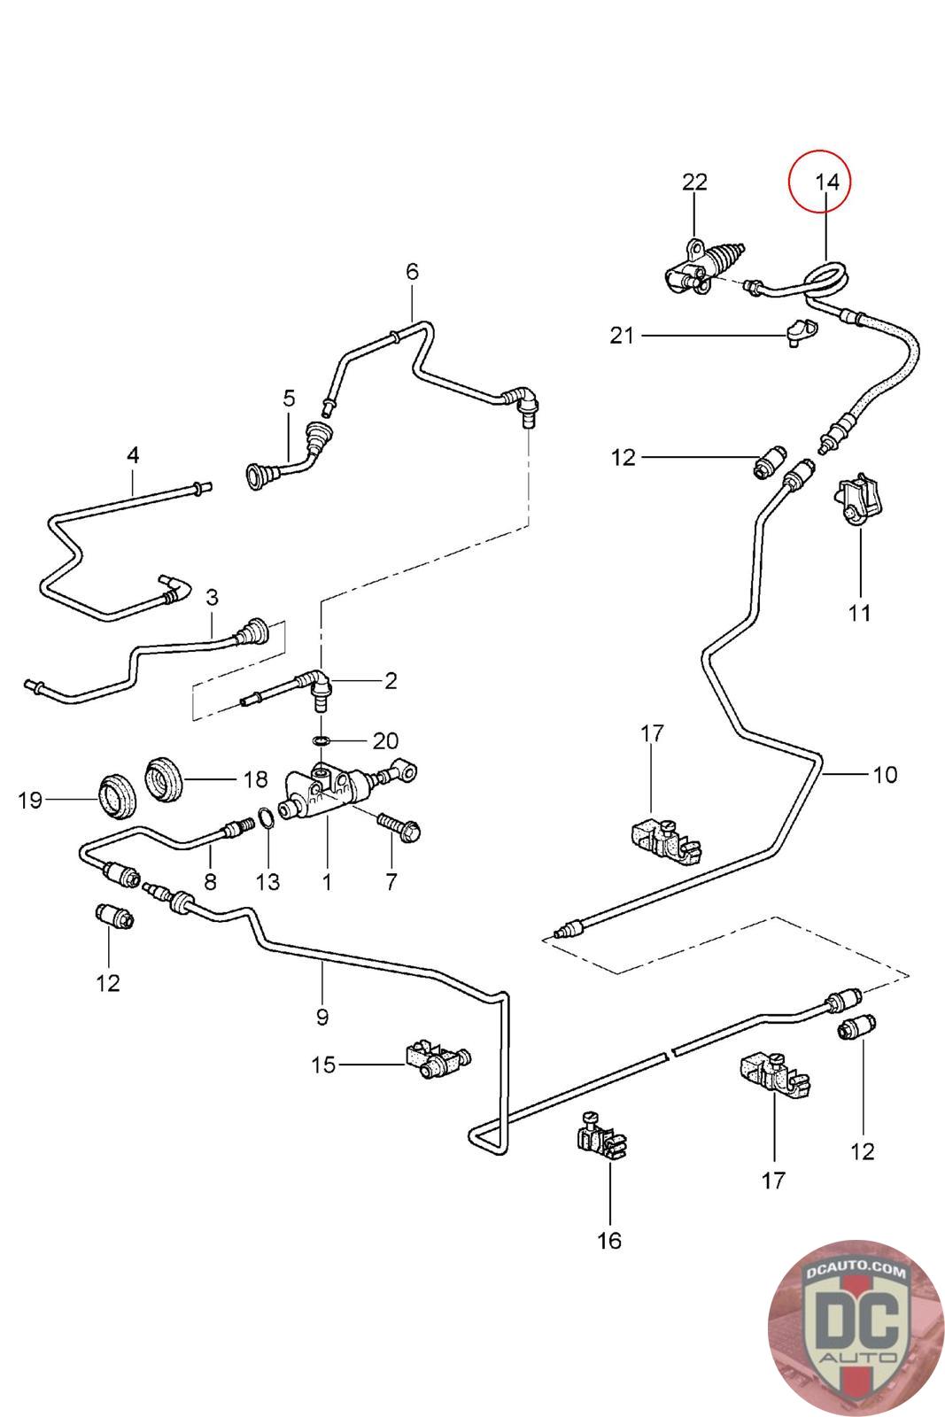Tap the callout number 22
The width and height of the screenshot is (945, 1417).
tap(694, 182)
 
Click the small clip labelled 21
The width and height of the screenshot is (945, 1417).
tap(800, 331)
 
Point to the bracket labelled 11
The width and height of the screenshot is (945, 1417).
tap(858, 501)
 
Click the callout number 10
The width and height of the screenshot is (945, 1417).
tap(885, 774)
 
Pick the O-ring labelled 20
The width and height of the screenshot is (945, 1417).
tap(323, 739)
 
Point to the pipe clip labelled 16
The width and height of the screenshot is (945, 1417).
tap(600, 1136)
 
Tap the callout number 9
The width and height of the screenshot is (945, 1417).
tap(321, 1017)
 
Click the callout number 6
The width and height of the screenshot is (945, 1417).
tap(412, 271)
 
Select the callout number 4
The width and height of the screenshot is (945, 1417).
tap(133, 455)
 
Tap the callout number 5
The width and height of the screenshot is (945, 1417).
tap(289, 398)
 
